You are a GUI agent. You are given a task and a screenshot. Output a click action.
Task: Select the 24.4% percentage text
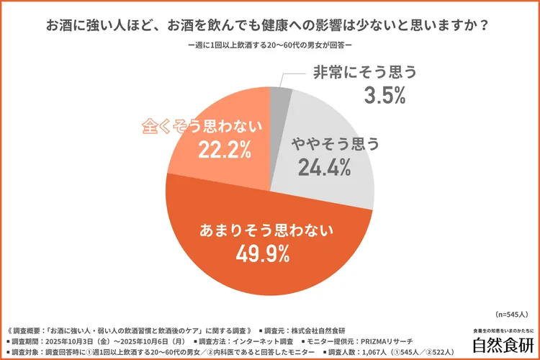(322, 168)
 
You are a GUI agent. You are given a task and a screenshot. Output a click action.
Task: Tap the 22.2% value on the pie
(222, 150)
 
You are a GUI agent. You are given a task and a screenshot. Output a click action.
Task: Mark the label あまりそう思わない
(266, 230)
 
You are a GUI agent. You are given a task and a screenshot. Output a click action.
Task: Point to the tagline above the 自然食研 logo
(502, 330)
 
